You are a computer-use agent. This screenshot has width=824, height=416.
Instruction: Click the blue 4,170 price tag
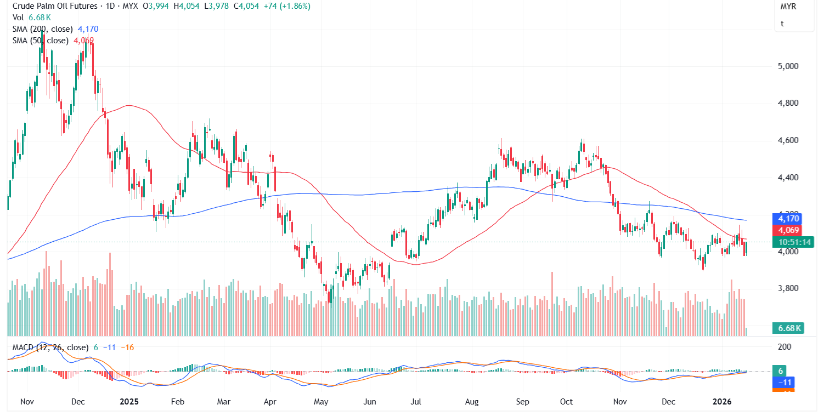[789, 218]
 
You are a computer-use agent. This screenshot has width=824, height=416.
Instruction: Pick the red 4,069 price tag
[789, 230]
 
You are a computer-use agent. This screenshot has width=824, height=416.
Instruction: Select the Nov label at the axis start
[27, 401]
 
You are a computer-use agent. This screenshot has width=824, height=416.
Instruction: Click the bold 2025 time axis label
[129, 401]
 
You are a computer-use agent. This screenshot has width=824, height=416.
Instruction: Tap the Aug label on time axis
[472, 401]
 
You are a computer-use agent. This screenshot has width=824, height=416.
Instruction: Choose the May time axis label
[321, 401]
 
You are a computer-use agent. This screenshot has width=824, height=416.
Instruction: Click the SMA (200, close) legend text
[44, 29]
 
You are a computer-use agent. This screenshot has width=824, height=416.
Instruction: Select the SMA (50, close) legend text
[41, 41]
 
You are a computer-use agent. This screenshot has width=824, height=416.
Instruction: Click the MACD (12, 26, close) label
[48, 347]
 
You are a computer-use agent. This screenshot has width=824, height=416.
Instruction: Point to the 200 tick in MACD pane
[785, 347]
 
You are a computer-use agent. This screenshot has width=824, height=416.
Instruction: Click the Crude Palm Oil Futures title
[52, 6]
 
